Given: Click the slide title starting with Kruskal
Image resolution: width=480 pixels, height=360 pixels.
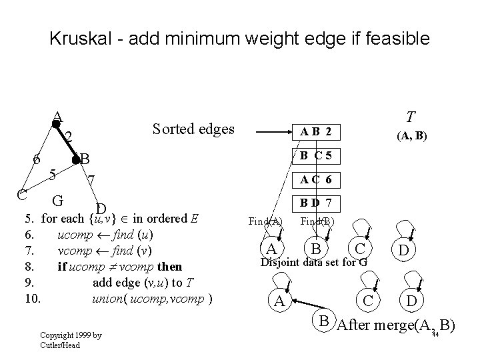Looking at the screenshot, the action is pos(239,39).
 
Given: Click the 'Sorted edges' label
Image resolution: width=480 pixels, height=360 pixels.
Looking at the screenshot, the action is pos(193,129).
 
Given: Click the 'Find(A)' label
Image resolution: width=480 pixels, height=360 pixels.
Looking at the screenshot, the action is pos(265,221).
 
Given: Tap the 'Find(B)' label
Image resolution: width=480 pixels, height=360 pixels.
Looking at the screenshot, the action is pos(317,221).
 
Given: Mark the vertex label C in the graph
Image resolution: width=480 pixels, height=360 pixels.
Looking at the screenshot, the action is pos(21,195).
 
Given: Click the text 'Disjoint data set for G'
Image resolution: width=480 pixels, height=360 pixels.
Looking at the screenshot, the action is pos(313,261).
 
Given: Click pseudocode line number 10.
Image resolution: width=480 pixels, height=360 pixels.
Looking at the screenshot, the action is pos(32,297).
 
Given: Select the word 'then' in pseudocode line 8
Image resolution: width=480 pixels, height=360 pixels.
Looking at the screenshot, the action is pos(169,267).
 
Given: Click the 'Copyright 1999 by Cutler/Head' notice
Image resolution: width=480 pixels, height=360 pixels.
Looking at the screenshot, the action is pos(71,340).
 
